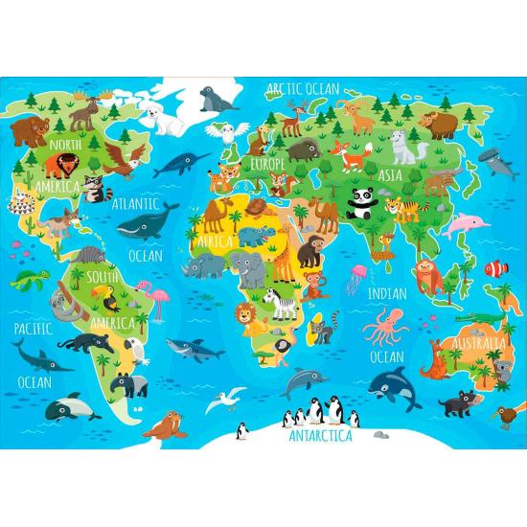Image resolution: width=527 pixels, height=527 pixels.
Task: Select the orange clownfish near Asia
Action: (492, 269)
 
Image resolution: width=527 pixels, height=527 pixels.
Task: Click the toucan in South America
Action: (111, 302)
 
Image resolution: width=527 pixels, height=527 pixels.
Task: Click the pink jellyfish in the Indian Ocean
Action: (356, 274)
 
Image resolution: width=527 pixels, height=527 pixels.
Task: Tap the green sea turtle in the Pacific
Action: (38, 279)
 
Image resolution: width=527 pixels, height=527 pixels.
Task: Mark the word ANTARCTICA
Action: (320, 437)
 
